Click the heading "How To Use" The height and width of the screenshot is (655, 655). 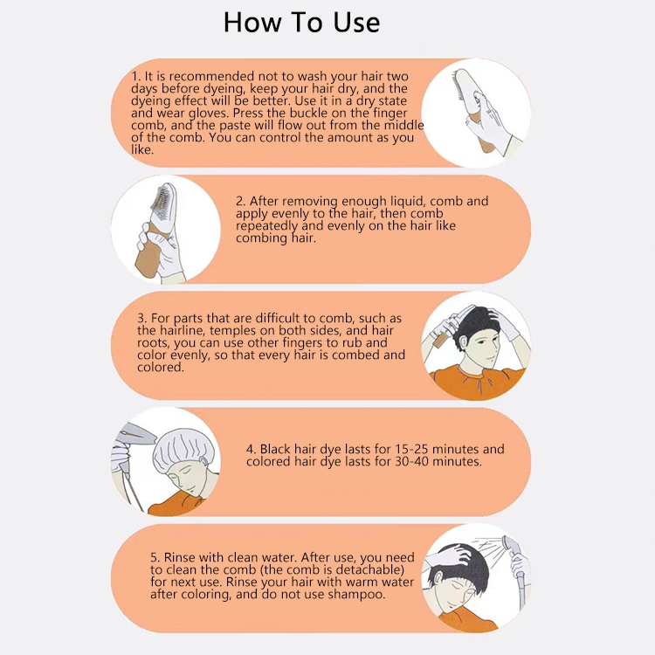[301, 22]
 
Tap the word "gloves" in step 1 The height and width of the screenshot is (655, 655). [209, 114]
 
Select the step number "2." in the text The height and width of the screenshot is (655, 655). [241, 202]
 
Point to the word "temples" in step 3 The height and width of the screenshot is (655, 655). [231, 331]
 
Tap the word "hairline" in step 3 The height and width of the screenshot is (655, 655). [182, 331]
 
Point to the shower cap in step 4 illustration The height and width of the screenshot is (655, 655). [183, 449]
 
